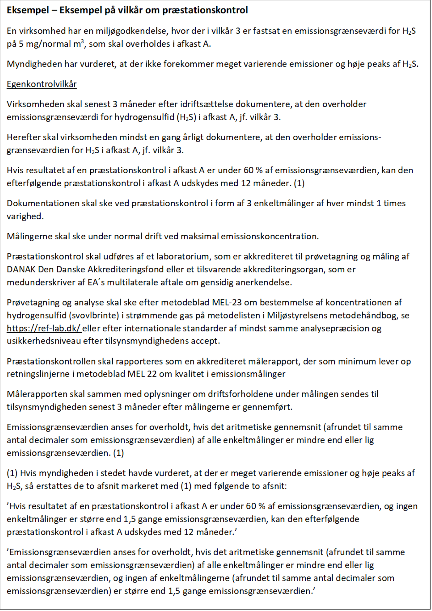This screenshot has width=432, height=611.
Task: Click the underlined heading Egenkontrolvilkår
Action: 42,84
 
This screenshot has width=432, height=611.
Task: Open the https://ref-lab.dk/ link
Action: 44,328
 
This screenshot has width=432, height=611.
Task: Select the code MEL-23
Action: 227,302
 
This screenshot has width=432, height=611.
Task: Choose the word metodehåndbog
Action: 368,315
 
